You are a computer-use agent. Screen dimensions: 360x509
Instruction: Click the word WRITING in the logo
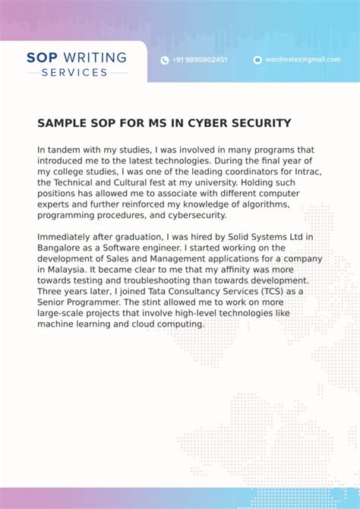[x=95, y=57]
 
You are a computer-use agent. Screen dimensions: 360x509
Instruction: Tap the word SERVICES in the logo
[x=74, y=72]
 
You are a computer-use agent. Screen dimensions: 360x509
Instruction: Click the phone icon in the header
[x=165, y=60]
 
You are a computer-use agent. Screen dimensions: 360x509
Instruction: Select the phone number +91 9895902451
[x=200, y=60]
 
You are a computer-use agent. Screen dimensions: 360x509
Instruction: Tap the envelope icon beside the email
[x=257, y=60]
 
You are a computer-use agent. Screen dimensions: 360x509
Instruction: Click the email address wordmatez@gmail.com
[x=302, y=60]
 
